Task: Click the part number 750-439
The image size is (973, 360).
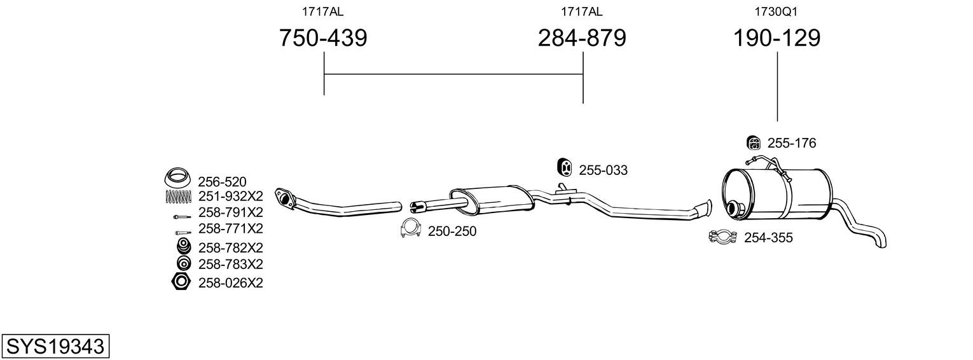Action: tap(322, 38)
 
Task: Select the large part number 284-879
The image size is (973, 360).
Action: tap(582, 38)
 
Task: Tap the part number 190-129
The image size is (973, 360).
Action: tap(777, 38)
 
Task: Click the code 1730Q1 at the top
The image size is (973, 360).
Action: tap(776, 11)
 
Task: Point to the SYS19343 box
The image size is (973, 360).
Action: tap(55, 346)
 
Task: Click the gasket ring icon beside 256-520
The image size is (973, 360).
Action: tap(178, 177)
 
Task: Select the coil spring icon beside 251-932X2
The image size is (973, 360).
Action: tap(178, 197)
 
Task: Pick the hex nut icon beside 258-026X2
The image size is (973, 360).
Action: tap(181, 282)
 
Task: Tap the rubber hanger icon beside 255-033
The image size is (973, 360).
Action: tap(564, 168)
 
